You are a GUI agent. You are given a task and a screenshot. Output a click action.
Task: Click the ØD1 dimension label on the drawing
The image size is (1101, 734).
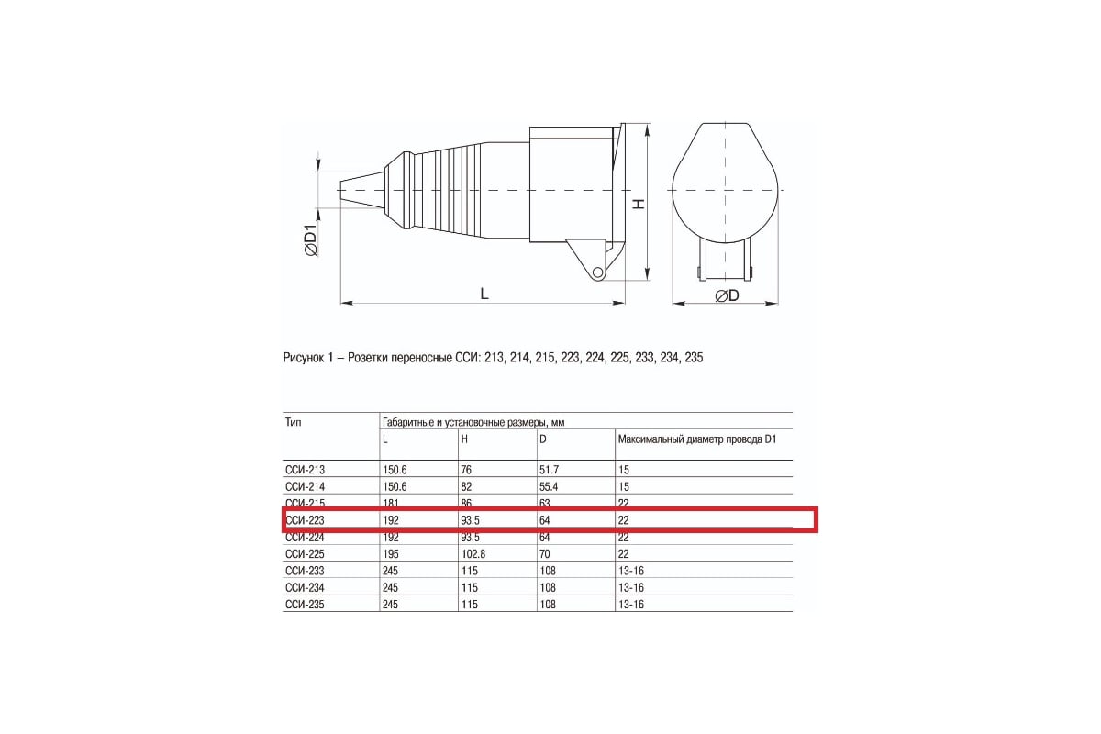click(x=310, y=240)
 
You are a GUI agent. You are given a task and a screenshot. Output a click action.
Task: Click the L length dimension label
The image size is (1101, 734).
click(x=484, y=294)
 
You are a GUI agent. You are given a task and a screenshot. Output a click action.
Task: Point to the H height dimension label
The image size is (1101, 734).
click(x=639, y=204)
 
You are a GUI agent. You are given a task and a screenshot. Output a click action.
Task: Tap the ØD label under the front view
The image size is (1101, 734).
click(x=727, y=295)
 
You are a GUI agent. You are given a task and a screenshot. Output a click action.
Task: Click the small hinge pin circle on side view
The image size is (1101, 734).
click(x=597, y=272)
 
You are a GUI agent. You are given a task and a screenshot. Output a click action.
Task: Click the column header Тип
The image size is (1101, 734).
click(x=294, y=423)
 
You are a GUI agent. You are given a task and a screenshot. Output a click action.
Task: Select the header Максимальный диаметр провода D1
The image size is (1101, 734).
click(x=697, y=439)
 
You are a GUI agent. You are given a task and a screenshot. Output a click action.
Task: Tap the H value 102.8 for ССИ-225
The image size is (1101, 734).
click(x=473, y=554)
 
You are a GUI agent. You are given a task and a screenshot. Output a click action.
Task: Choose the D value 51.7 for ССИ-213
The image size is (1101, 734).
click(x=550, y=470)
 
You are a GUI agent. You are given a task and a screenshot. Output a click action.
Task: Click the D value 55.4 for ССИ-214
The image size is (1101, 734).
click(x=550, y=486)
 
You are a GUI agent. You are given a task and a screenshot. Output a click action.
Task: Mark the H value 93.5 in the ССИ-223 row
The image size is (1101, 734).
click(x=471, y=520)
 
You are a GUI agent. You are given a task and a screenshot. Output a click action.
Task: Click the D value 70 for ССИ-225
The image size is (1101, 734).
click(x=545, y=554)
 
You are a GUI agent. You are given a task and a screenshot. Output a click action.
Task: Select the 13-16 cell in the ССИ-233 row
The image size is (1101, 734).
click(x=631, y=571)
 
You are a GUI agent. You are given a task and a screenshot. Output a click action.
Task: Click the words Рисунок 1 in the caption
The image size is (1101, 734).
click(x=310, y=359)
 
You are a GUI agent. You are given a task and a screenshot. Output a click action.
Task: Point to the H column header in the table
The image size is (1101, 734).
click(x=464, y=439)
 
